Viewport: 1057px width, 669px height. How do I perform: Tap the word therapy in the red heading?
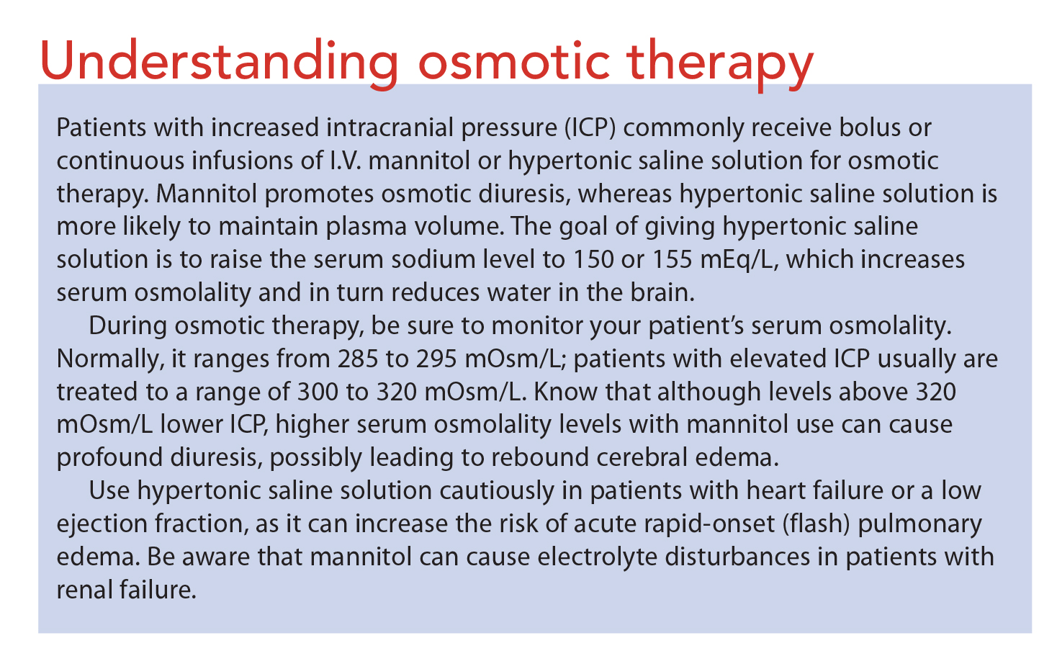[x=720, y=63]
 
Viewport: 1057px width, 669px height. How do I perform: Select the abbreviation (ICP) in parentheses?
[x=590, y=128]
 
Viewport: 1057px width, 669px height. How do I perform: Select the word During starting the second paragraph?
[x=127, y=326]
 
